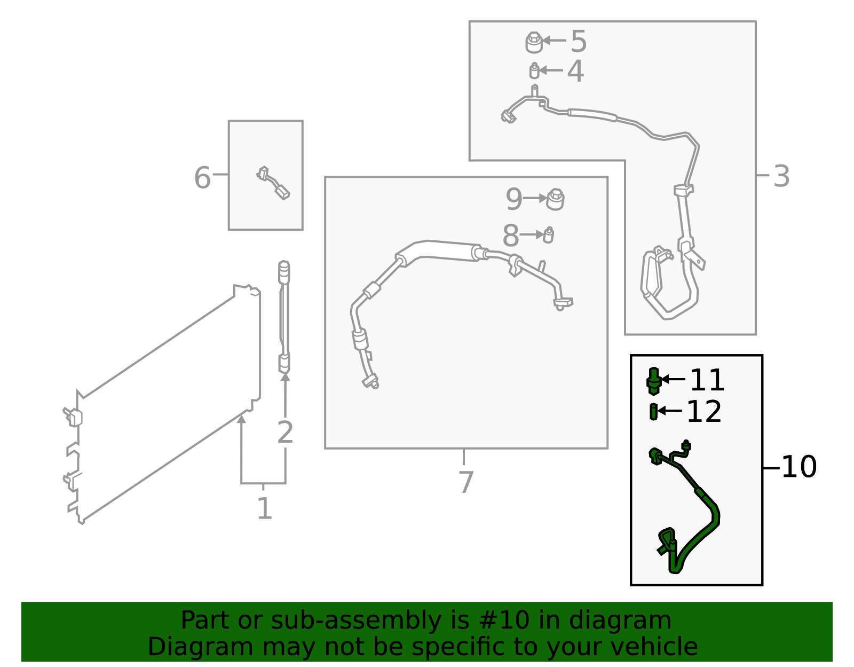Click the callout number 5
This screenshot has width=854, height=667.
point(579,41)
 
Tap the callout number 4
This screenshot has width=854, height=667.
point(576,72)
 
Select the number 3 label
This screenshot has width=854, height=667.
point(781,176)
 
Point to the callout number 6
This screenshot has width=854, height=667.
point(203,178)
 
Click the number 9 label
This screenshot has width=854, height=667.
point(514,199)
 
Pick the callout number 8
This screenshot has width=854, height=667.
point(511,236)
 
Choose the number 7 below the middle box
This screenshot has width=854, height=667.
point(466,482)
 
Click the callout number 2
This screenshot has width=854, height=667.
point(285,433)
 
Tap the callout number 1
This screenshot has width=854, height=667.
point(265,508)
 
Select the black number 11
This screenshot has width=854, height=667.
point(707,380)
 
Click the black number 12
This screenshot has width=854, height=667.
point(704,412)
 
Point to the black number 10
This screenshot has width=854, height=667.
point(800,467)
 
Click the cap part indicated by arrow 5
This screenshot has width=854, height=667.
point(534,42)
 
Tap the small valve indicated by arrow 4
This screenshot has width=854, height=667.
point(534,70)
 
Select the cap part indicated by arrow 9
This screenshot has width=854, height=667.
point(555,199)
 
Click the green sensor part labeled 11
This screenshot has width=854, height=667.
point(653,381)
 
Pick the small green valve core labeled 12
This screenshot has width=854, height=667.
point(653,412)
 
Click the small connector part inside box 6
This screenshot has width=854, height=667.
point(273,183)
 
